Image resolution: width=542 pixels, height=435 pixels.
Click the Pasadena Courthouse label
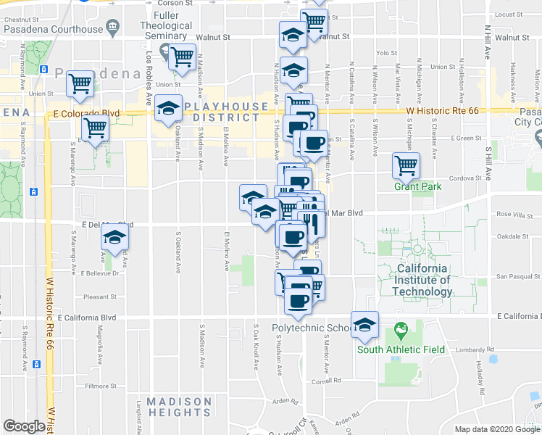(54, 29)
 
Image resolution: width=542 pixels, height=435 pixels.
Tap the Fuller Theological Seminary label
(167, 25)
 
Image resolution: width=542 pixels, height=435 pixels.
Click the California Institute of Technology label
(422, 280)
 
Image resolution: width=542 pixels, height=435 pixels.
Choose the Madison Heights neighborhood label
(178, 407)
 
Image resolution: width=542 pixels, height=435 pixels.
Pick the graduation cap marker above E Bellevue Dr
(115, 237)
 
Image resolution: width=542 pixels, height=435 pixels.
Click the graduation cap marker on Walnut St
(293, 34)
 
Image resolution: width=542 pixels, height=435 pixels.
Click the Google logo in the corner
(24, 426)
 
